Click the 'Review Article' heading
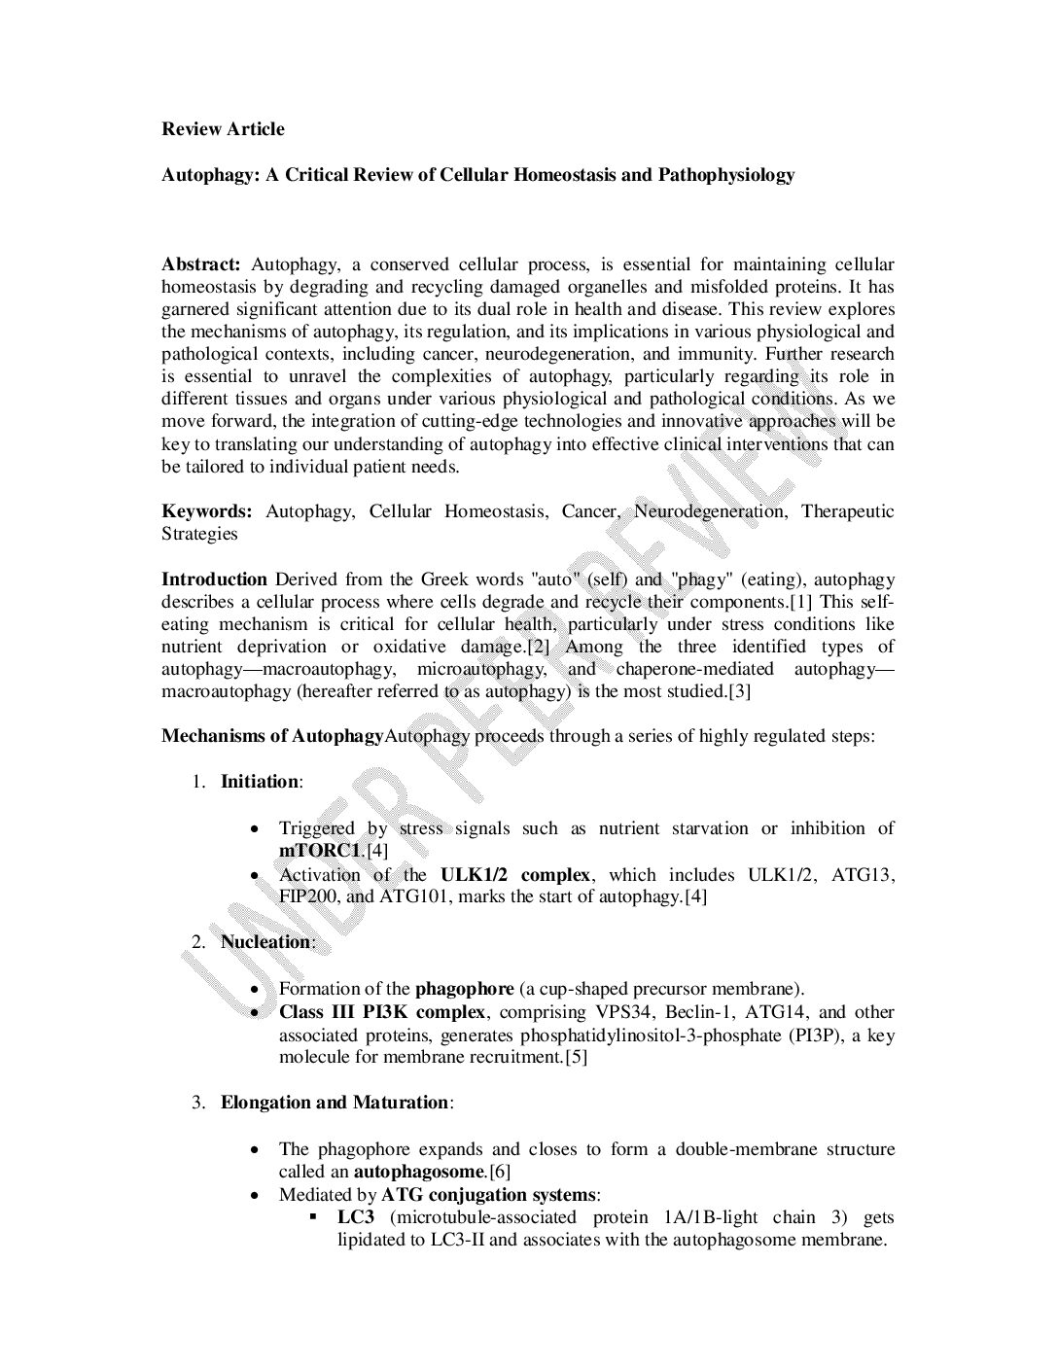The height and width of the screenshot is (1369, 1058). [223, 129]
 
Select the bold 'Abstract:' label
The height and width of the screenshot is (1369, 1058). [200, 264]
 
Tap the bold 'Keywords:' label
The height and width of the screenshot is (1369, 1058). [207, 511]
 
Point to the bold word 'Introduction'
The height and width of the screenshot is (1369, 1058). [214, 579]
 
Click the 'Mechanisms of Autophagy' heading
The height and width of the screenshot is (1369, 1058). [272, 736]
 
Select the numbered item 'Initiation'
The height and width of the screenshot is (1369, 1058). [260, 782]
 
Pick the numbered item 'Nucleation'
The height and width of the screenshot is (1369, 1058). [265, 942]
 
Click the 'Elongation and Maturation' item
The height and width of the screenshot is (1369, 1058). [335, 1103]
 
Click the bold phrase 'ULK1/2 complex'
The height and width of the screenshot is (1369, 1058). [515, 874]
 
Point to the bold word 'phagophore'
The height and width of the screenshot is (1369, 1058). [465, 989]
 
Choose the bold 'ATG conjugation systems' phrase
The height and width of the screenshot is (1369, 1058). [489, 1195]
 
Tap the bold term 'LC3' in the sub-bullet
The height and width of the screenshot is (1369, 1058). [356, 1217]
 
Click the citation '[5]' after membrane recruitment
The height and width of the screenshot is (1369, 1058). [576, 1057]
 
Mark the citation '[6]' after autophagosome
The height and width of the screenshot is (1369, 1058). [500, 1172]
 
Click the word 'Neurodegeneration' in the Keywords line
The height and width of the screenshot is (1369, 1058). [710, 511]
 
